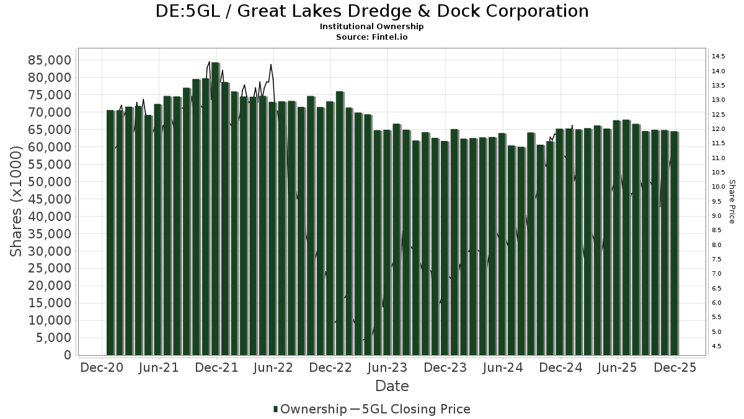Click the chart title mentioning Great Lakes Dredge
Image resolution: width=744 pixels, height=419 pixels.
coord(371,11)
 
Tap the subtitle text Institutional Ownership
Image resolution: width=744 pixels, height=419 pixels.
coord(371,27)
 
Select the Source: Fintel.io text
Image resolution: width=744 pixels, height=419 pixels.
coord(371,37)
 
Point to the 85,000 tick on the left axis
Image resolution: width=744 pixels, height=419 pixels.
coord(49,60)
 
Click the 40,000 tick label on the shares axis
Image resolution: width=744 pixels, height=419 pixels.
coord(49,217)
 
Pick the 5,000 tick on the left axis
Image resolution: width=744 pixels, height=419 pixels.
coord(53,338)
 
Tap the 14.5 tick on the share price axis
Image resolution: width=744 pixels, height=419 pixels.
coord(719,56)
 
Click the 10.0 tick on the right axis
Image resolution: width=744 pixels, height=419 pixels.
coord(719,187)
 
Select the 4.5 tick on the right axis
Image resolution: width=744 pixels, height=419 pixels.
coord(717,346)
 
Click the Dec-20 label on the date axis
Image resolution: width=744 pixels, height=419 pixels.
coord(102,367)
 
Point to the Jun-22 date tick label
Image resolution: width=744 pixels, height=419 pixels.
coord(273,367)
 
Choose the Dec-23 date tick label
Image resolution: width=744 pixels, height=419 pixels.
coord(445,367)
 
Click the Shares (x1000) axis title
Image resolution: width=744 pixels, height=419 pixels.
coord(17,201)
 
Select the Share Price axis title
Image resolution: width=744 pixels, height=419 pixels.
coord(732,201)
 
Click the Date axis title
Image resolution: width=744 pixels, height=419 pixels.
coord(392,386)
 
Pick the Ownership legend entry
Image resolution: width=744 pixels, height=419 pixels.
coord(310,409)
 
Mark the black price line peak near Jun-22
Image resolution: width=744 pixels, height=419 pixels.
coord(271,65)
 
